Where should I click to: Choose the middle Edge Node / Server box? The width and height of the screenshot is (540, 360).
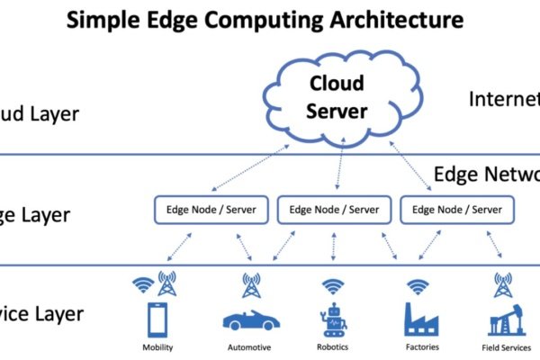click(x=334, y=211)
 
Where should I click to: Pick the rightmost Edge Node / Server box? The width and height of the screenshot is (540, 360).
click(x=456, y=211)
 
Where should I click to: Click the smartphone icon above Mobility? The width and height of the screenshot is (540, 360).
click(x=158, y=319)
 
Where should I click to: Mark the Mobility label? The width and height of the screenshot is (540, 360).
click(x=158, y=347)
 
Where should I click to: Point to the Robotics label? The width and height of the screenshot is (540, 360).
click(x=334, y=347)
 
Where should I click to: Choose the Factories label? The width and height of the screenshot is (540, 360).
click(x=418, y=347)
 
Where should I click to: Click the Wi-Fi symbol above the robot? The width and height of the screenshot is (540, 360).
click(x=334, y=286)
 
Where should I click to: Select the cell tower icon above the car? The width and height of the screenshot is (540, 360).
click(x=251, y=285)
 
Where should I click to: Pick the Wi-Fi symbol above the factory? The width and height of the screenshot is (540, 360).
click(x=417, y=286)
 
